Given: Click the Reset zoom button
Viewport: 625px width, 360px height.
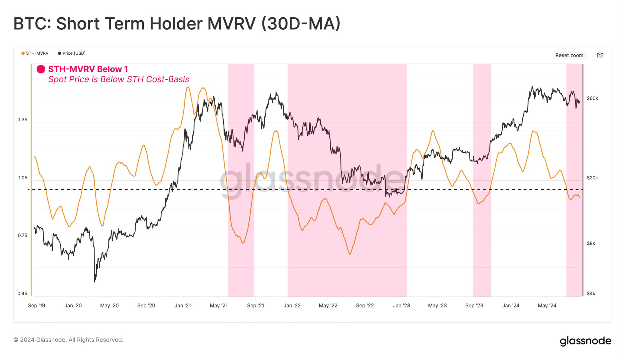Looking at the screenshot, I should pyautogui.click(x=569, y=55).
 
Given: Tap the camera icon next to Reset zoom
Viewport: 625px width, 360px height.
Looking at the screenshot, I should pyautogui.click(x=600, y=55).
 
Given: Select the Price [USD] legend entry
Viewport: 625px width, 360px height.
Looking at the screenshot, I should pyautogui.click(x=72, y=53).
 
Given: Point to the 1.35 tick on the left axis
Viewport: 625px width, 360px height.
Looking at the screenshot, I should pyautogui.click(x=23, y=120).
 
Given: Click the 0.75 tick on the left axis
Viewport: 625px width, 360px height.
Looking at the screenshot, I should pyautogui.click(x=23, y=236).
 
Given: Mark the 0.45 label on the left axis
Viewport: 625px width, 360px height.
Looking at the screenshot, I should pyautogui.click(x=22, y=293).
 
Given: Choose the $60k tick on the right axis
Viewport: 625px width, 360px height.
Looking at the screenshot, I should pyautogui.click(x=592, y=98).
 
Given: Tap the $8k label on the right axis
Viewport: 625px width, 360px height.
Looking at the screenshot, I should pyautogui.click(x=591, y=243).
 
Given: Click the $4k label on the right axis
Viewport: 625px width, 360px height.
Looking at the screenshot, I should pyautogui.click(x=591, y=293).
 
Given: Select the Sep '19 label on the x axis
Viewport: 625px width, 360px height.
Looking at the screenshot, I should pyautogui.click(x=37, y=306).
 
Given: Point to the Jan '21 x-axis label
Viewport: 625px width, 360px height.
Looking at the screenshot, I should pyautogui.click(x=183, y=306).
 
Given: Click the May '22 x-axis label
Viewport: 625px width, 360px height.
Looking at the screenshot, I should pyautogui.click(x=328, y=306).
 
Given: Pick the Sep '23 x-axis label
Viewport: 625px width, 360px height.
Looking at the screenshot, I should pyautogui.click(x=474, y=306).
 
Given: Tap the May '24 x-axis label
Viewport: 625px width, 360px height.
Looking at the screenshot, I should pyautogui.click(x=547, y=306).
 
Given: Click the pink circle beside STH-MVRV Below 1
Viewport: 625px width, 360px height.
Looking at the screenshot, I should pyautogui.click(x=41, y=69).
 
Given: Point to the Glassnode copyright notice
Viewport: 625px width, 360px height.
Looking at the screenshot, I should pyautogui.click(x=68, y=340).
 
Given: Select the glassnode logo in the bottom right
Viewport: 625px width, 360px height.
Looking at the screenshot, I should pyautogui.click(x=585, y=341).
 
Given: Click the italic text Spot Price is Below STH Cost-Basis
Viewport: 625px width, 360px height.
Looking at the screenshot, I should pyautogui.click(x=119, y=79).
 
